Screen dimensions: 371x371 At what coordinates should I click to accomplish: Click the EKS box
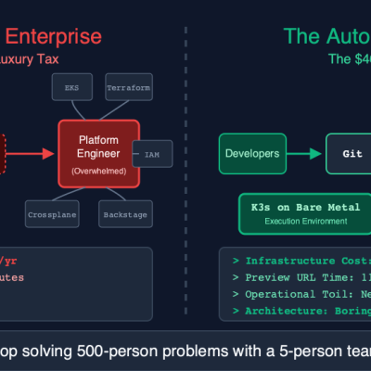point(71,87)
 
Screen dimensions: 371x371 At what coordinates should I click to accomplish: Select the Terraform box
point(129,87)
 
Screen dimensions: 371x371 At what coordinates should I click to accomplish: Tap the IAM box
point(151,153)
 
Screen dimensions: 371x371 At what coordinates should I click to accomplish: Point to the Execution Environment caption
point(292,222)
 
